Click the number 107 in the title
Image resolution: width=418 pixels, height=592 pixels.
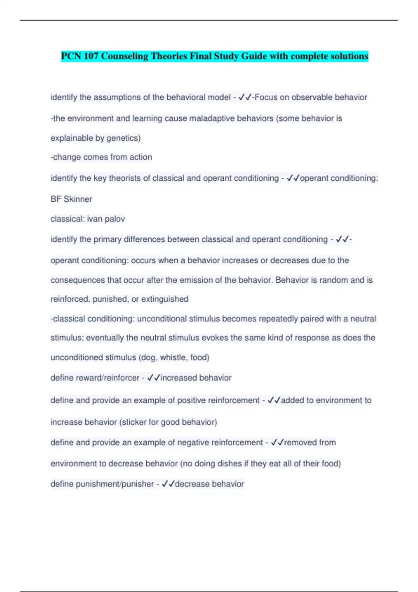91,56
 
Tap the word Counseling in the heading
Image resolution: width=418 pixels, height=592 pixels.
125,56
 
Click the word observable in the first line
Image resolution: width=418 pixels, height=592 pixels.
312,97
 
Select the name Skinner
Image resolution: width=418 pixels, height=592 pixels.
78,199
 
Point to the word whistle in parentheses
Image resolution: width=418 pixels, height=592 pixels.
173,357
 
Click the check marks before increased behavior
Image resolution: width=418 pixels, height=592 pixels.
153,378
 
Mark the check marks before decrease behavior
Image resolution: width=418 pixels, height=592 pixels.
168,484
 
